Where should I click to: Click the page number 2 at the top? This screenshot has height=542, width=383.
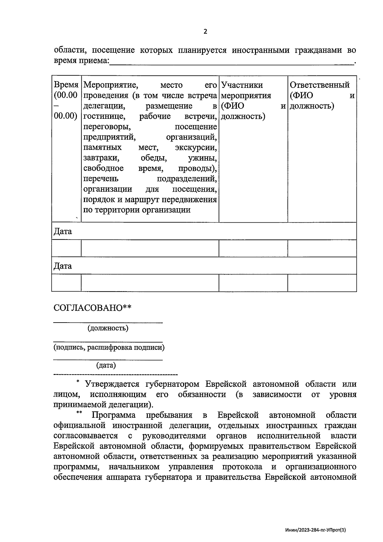click(x=205, y=32)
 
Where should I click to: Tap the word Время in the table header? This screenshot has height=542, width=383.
click(x=66, y=85)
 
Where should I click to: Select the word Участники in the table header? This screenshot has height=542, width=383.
click(x=242, y=85)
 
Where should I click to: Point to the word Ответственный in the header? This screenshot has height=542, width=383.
click(x=319, y=85)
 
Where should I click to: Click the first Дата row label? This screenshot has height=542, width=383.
click(x=63, y=232)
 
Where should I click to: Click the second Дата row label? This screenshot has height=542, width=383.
click(x=63, y=266)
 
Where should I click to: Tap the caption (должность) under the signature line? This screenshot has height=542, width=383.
click(x=108, y=328)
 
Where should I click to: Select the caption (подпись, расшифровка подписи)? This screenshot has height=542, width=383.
click(x=109, y=347)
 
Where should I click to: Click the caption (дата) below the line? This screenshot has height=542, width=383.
click(x=106, y=365)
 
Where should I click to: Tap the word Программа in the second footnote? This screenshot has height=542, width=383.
click(x=113, y=415)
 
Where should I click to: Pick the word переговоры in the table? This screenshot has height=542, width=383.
click(x=107, y=127)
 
